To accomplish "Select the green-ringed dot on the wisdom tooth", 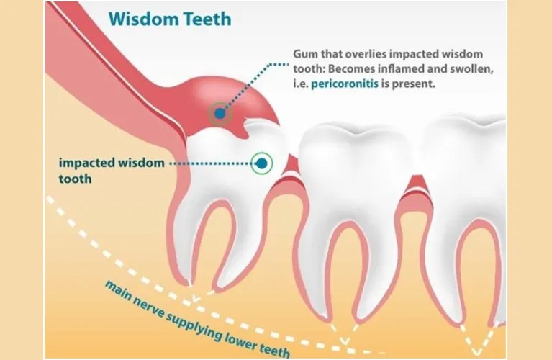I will pos(262,164).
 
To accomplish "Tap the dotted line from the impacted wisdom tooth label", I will pos(209,164).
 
